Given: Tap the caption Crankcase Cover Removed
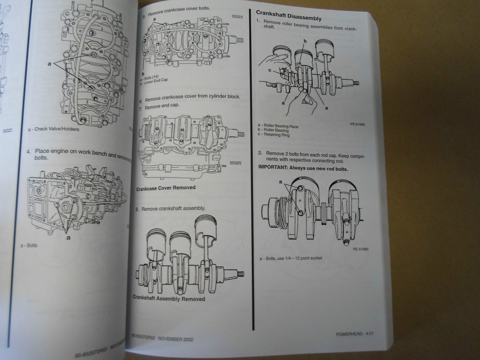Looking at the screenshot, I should [166, 188].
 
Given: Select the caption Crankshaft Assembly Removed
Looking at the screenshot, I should [169, 298].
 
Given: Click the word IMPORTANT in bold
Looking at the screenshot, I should [274, 168].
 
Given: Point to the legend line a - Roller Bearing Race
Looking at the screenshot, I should [278, 126].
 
